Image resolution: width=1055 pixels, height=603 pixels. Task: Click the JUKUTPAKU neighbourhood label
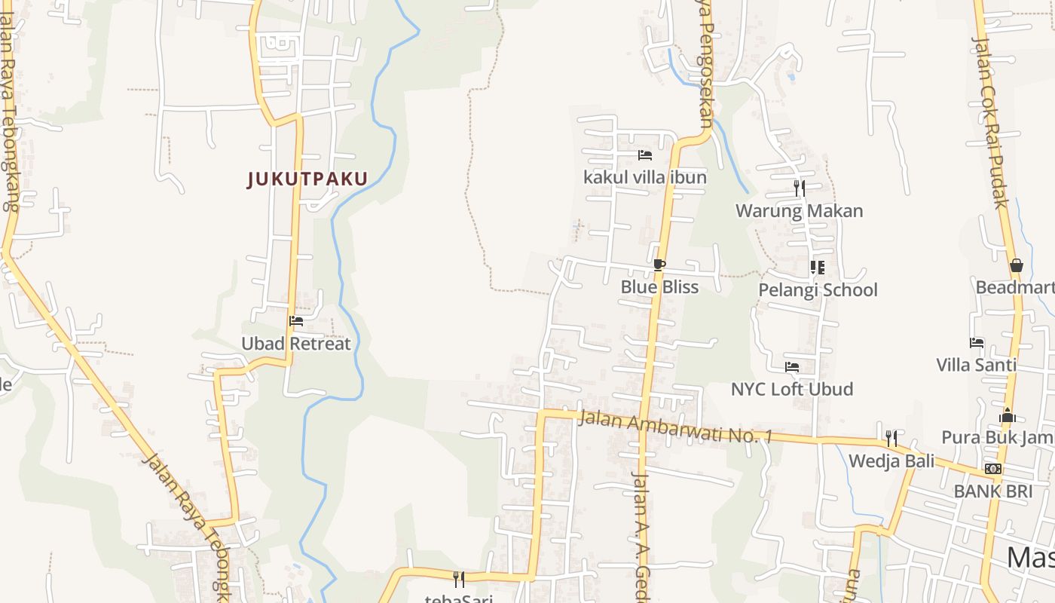tap(307, 179)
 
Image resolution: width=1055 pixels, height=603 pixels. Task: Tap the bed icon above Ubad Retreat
tap(296, 321)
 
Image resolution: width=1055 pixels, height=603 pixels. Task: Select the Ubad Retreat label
tap(296, 344)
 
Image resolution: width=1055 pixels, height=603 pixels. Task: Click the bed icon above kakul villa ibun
tap(645, 155)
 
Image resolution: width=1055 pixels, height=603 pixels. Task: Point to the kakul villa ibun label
tap(645, 177)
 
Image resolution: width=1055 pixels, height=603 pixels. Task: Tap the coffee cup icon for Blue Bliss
tap(659, 265)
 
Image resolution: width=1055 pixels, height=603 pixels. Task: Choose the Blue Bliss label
tap(659, 287)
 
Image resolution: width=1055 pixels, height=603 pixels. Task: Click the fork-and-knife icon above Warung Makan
tap(800, 188)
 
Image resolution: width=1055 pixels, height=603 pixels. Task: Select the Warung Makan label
tap(800, 211)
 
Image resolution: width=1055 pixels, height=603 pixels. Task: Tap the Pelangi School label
tap(818, 290)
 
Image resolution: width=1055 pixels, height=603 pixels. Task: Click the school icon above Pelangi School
tap(818, 268)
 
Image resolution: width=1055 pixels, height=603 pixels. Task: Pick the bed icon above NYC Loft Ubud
tap(792, 367)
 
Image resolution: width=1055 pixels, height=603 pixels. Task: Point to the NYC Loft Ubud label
tap(792, 390)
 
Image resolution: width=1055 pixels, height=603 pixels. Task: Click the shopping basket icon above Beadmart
tap(1017, 265)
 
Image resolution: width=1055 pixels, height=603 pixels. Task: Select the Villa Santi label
tap(976, 366)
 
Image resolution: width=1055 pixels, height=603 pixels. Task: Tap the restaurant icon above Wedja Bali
tap(891, 439)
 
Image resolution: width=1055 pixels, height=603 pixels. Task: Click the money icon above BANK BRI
tap(993, 469)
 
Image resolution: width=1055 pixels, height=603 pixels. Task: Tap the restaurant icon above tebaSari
tap(458, 579)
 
